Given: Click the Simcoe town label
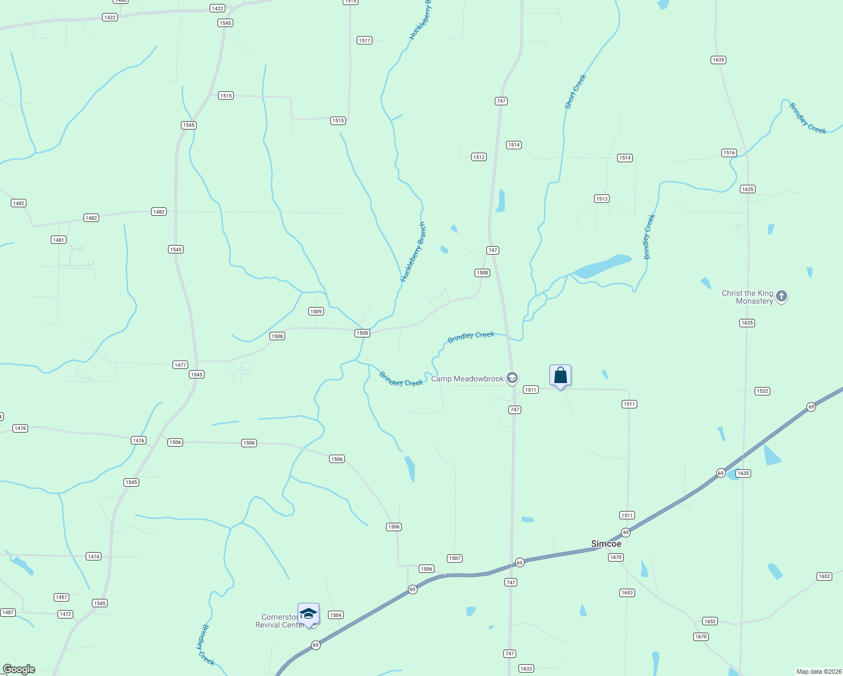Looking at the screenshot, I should (606, 544).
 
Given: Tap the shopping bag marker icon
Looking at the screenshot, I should (560, 376).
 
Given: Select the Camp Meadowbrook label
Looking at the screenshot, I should (467, 379).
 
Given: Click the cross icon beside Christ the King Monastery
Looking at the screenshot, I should (781, 296).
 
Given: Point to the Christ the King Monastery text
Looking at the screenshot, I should (747, 297).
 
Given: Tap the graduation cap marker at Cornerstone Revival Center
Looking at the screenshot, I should (308, 614).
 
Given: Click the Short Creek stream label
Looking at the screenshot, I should (575, 91).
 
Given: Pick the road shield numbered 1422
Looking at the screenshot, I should (217, 8).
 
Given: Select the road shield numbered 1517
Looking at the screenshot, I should (365, 41).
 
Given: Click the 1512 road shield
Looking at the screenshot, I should (479, 157).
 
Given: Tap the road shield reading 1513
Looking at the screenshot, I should (602, 198).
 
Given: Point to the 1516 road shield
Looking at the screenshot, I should (729, 153).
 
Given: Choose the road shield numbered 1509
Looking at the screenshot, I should (316, 312).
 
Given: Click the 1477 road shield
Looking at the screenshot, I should (180, 365).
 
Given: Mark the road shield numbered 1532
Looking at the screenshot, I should (762, 391).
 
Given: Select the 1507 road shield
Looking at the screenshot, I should (455, 558).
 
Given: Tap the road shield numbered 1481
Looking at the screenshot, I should (59, 240).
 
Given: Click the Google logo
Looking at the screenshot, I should (19, 669).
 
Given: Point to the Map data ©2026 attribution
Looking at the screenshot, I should (817, 671).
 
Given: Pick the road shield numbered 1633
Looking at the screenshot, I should (526, 669).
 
